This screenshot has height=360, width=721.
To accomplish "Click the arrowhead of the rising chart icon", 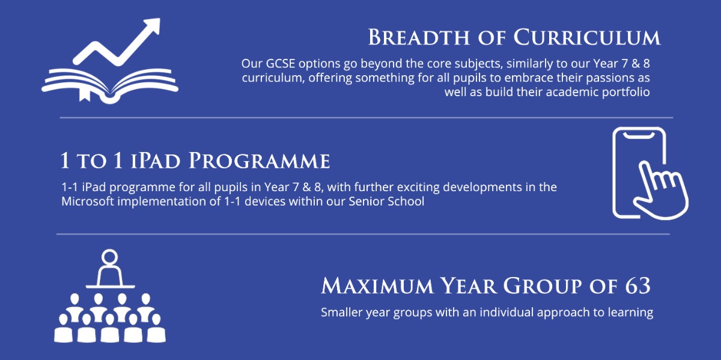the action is click(x=152, y=25).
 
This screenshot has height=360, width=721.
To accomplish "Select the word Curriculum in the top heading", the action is click(x=587, y=37).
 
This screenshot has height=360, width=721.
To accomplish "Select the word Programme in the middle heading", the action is click(x=259, y=160).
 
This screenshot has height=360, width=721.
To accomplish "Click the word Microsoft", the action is click(x=88, y=201).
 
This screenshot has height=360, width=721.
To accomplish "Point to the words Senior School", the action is click(x=386, y=201).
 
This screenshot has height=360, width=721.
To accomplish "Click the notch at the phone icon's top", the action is click(x=639, y=136).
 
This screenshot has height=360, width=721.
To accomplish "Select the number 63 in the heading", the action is click(x=638, y=285).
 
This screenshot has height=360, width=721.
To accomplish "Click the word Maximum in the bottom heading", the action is click(x=377, y=285).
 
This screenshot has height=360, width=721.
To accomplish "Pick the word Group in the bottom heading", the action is click(x=542, y=285).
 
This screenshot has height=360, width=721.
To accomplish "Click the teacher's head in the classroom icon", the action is click(x=109, y=257).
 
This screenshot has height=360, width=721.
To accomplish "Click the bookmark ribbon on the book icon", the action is click(x=85, y=95).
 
